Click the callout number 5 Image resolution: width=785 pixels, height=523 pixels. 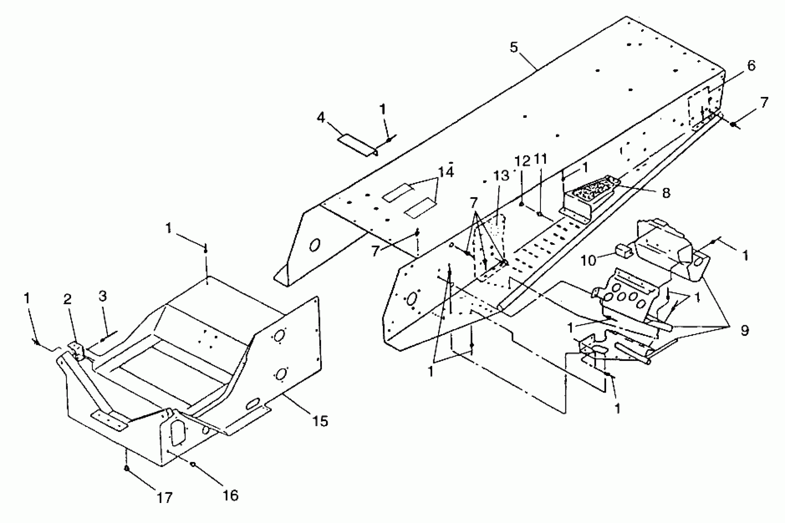coord(514,47)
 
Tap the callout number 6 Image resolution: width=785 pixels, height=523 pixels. coord(751,66)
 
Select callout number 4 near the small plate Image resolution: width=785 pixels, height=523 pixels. coord(321,118)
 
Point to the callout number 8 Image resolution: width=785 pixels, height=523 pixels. coord(666,193)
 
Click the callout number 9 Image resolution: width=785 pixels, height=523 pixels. coord(745,330)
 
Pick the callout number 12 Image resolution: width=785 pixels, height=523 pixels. coord(522,161)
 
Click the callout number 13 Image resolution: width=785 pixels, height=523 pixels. coord(501,175)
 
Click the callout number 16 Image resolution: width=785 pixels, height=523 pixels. coord(230,495)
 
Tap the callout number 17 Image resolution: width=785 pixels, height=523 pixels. coord(165,498)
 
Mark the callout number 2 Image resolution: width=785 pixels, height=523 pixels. coord(67,299)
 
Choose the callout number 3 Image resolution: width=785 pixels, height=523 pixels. coord(103,296)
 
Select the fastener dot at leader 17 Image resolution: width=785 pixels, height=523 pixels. coord(127,468)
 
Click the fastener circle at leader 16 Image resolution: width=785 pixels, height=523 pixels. coord(193,464)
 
